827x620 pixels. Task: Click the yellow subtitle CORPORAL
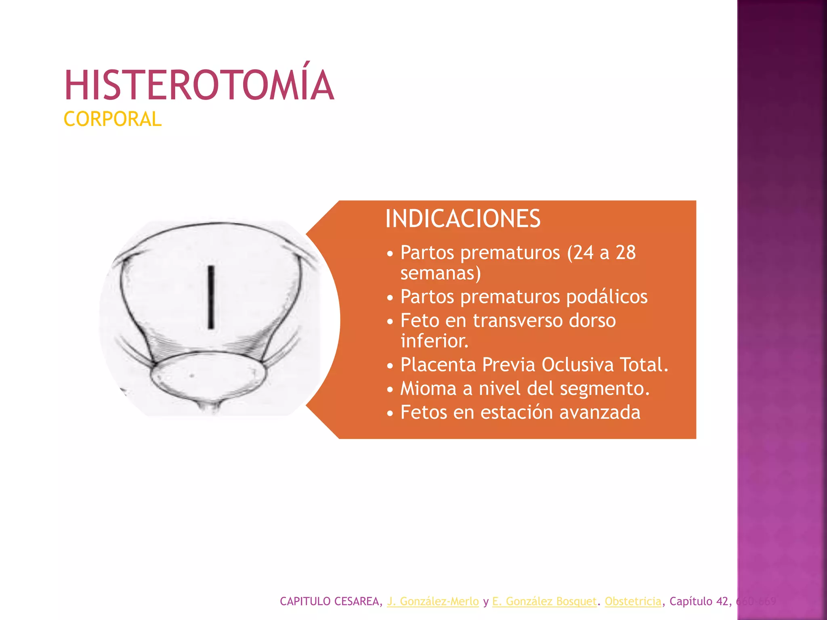pos(113,119)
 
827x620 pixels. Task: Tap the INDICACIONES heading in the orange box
pos(463,219)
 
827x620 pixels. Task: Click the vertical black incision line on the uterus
pos(211,297)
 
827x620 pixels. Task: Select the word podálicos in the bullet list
pos(607,297)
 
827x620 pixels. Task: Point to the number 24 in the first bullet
pos(583,253)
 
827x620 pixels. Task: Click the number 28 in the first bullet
pos(625,253)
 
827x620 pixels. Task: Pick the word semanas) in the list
pos(441,273)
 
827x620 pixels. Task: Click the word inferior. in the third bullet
pos(434,341)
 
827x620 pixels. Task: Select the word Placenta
pos(438,365)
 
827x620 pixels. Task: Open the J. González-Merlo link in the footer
pos(433,601)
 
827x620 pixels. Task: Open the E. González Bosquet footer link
pos(544,601)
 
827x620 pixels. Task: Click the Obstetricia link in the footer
pos(633,601)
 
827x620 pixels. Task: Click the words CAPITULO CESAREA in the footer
pos(330,601)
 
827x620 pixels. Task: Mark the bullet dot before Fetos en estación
pos(390,414)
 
